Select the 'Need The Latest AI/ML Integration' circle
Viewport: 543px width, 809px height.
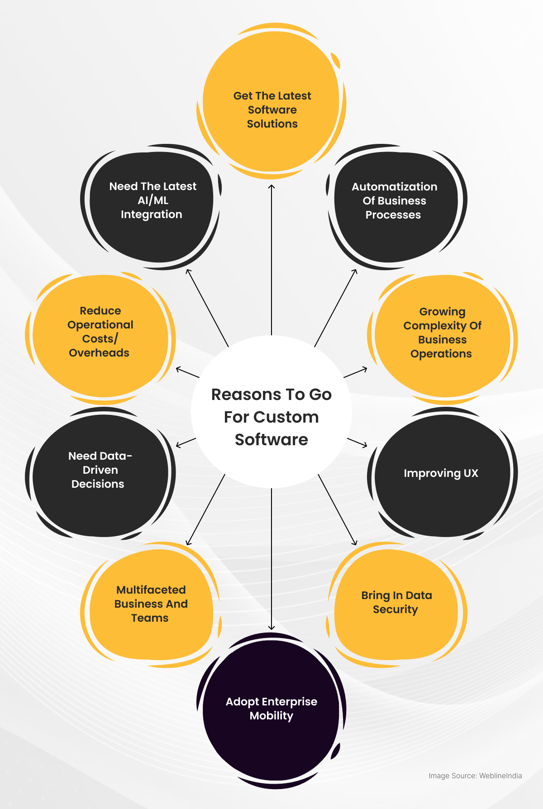pyautogui.click(x=152, y=206)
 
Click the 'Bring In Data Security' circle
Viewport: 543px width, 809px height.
pyautogui.click(x=396, y=604)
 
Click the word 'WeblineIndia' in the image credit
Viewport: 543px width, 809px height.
pyautogui.click(x=500, y=776)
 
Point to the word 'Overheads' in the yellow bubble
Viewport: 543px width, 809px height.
pyautogui.click(x=99, y=353)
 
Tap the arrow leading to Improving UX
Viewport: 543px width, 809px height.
pyautogui.click(x=357, y=443)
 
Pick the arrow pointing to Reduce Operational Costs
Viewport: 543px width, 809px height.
pyautogui.click(x=187, y=373)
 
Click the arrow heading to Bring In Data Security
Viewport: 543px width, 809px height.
pyautogui.click(x=338, y=509)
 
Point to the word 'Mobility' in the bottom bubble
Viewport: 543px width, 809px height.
pyautogui.click(x=271, y=716)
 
